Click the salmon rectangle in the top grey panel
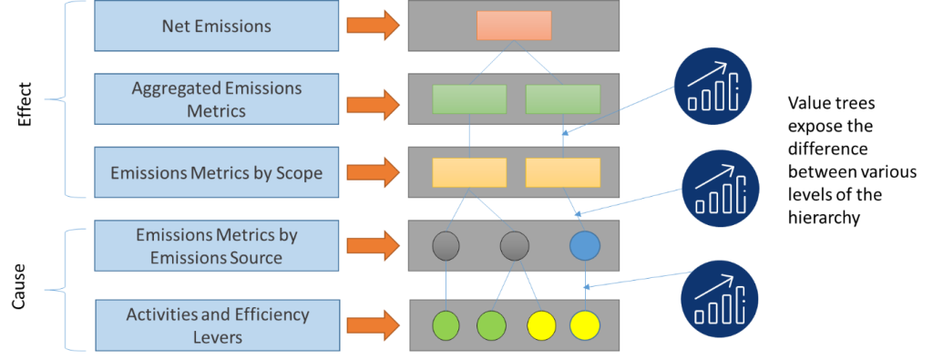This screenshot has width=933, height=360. click(x=514, y=26)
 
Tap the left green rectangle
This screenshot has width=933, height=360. click(x=469, y=98)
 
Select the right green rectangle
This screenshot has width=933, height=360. click(x=562, y=98)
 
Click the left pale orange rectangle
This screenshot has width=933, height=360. click(x=469, y=172)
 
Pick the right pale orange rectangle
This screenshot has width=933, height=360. click(x=562, y=172)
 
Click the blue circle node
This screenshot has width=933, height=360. click(x=584, y=245)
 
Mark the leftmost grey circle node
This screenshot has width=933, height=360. click(x=446, y=245)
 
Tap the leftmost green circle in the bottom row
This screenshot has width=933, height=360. click(x=446, y=324)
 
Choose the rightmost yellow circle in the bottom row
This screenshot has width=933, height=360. click(x=584, y=324)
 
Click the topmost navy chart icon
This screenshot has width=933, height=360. click(x=718, y=85)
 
